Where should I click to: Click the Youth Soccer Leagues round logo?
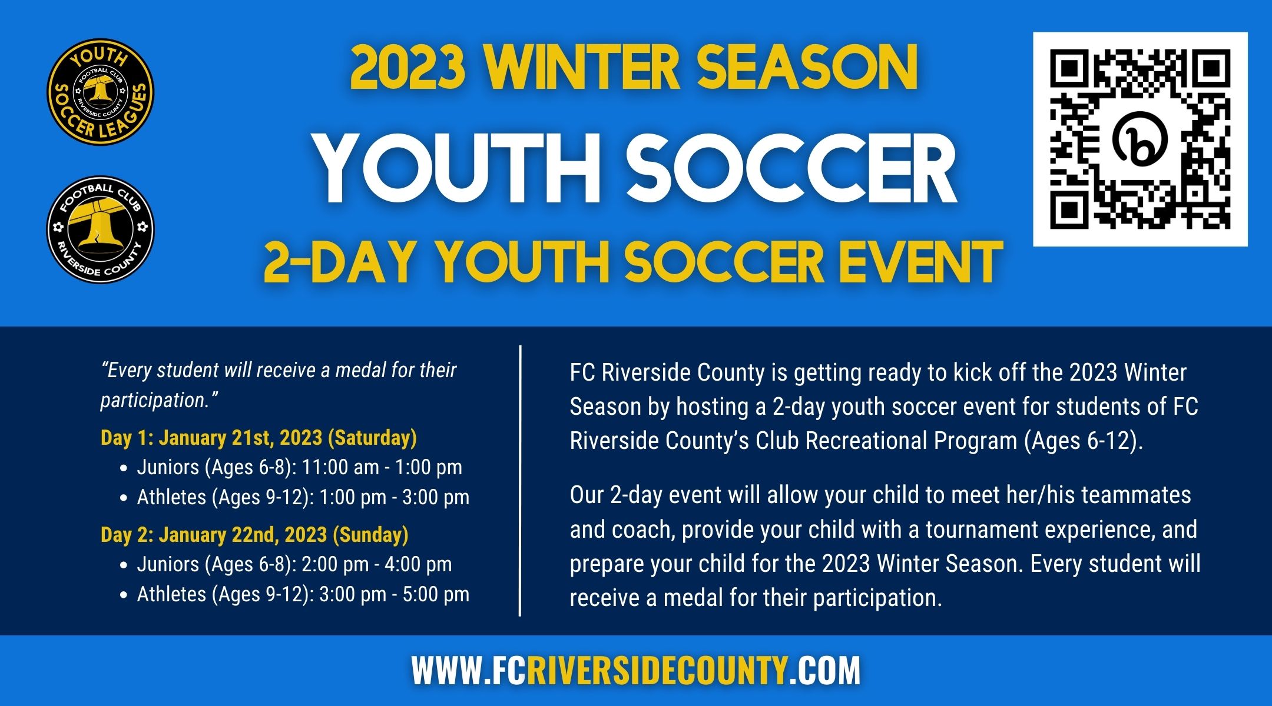(x=100, y=92)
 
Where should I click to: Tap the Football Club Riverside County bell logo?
(x=100, y=229)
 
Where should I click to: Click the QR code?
(x=1140, y=139)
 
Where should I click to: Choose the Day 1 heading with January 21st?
(x=259, y=438)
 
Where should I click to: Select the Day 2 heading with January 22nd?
(x=254, y=535)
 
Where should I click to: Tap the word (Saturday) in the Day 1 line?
(x=372, y=438)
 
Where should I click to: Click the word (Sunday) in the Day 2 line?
(x=370, y=535)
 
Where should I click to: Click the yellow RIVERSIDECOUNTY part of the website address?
(x=657, y=671)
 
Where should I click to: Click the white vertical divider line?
(x=520, y=481)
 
